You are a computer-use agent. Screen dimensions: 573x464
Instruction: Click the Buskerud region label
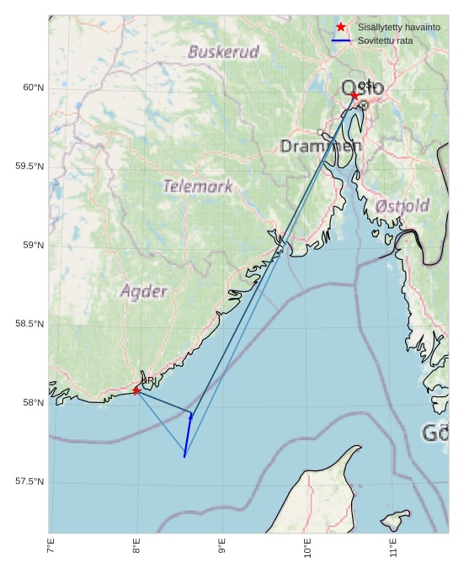[223, 52]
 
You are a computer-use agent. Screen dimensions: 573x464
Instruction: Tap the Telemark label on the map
[198, 186]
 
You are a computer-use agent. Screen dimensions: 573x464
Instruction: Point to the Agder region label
[143, 292]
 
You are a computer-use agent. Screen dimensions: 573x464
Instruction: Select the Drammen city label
[320, 146]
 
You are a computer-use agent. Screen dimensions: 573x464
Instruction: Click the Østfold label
[403, 205]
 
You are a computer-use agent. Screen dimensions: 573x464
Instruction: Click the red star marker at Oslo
[355, 96]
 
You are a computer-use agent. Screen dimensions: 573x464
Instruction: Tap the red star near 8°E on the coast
[136, 390]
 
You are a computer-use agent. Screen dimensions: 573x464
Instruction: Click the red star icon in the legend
[341, 27]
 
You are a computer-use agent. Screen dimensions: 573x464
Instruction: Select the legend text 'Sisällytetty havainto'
[398, 27]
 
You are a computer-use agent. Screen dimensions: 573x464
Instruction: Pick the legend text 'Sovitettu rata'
[385, 40]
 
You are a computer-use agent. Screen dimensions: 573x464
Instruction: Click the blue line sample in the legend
[341, 40]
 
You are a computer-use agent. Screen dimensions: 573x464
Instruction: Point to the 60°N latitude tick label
[32, 88]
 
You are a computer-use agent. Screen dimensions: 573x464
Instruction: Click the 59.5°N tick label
[29, 167]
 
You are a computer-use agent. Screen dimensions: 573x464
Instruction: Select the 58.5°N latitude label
[29, 324]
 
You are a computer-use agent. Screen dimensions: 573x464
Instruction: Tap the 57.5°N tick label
[29, 481]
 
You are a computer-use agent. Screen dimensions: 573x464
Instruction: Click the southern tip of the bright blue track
[184, 456]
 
